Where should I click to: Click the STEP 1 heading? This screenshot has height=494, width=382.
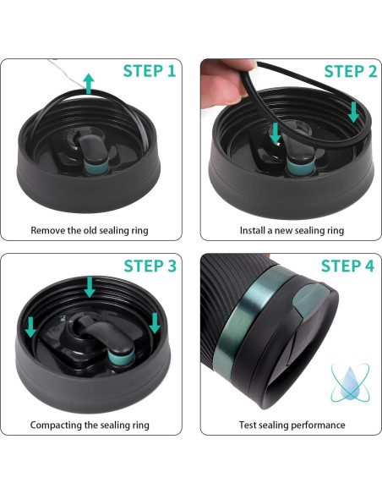pyautogui.click(x=149, y=71)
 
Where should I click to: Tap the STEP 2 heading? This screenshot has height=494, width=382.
pyautogui.click(x=350, y=72)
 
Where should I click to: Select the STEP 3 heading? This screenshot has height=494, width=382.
pyautogui.click(x=150, y=266)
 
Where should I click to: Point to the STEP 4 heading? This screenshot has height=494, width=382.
pyautogui.click(x=347, y=266)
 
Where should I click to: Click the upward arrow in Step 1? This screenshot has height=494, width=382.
pyautogui.click(x=89, y=84)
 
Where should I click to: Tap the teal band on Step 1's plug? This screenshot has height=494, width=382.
pyautogui.click(x=96, y=166)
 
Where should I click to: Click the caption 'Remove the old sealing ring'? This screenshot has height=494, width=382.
pyautogui.click(x=90, y=230)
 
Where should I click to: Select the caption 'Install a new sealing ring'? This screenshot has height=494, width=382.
pyautogui.click(x=292, y=230)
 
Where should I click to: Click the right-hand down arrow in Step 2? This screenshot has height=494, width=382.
pyautogui.click(x=353, y=112)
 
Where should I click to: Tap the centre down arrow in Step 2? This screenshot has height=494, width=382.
pyautogui.click(x=276, y=133)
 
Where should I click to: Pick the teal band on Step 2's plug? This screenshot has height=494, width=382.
pyautogui.click(x=301, y=167)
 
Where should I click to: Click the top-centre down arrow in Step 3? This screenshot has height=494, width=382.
pyautogui.click(x=90, y=287)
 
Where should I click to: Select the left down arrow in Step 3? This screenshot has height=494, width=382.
pyautogui.click(x=30, y=327)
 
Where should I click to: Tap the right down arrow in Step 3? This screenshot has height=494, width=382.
pyautogui.click(x=155, y=323)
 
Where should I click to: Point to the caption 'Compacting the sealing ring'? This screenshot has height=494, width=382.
pyautogui.click(x=90, y=425)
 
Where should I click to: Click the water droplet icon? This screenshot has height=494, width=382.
pyautogui.click(x=350, y=382)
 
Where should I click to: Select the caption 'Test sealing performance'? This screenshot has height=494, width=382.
pyautogui.click(x=292, y=425)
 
